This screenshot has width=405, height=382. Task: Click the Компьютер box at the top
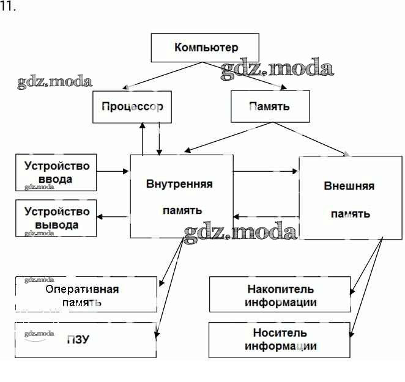206,48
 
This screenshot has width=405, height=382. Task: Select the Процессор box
132,106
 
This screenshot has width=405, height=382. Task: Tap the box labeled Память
269,106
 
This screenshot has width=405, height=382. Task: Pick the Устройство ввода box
56,172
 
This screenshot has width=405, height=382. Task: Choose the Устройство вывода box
56,218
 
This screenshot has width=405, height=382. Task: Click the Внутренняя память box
181,196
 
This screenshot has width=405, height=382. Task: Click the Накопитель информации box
281,295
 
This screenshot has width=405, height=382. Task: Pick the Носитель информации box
281,340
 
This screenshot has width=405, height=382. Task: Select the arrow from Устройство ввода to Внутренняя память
113,172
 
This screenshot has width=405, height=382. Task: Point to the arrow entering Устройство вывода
114,216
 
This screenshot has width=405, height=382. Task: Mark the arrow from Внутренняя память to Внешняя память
266,172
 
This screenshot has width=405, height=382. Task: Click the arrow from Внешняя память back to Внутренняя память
266,216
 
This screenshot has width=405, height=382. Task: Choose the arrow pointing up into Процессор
143,138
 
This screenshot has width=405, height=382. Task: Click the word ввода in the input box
56,179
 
